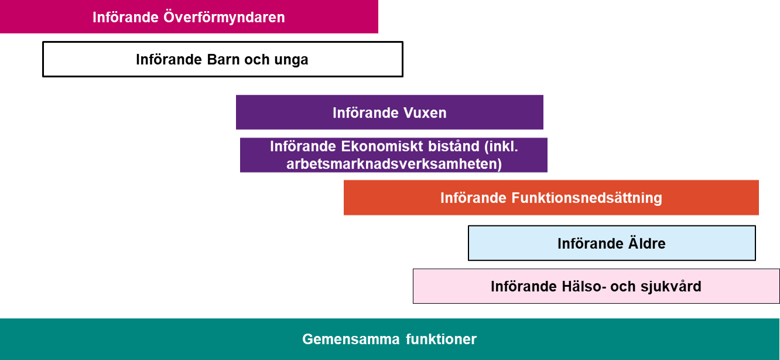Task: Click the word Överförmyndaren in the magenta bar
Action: pos(224,17)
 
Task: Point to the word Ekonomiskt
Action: pos(382,146)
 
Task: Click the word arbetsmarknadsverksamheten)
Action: pos(394,164)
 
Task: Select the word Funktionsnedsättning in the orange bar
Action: pos(587,198)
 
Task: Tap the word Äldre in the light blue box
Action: pos(646,243)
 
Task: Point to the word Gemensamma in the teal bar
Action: pos(351,339)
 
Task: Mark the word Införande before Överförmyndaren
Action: pos(126,17)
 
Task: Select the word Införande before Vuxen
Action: pos(365,113)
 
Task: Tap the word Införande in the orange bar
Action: pos(474,198)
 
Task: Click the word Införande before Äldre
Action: pos(591,244)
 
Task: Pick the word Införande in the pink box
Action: pos(524,287)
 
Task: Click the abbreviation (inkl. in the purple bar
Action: pos(501,146)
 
